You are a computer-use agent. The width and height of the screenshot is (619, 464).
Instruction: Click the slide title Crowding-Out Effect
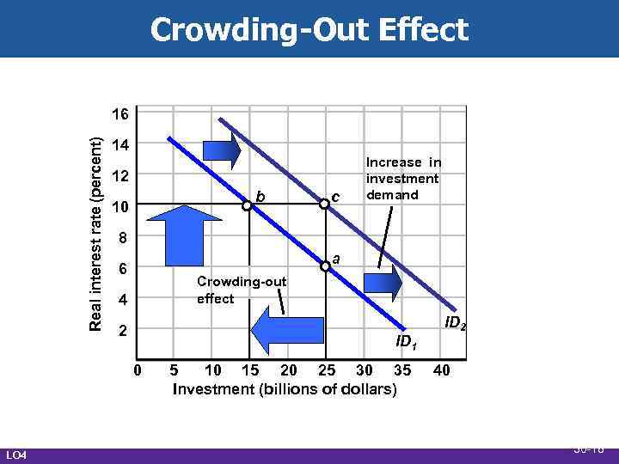(x=309, y=30)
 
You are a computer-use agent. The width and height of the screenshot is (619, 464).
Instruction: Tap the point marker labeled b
(x=247, y=205)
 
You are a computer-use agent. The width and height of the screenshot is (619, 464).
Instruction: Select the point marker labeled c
(x=325, y=204)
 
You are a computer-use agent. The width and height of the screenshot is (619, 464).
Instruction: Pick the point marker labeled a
(x=325, y=267)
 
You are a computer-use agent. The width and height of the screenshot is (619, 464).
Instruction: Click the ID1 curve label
(x=406, y=342)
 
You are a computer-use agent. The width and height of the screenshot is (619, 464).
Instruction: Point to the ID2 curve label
(x=455, y=325)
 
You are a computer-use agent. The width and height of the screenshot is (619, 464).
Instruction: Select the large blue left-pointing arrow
(x=289, y=331)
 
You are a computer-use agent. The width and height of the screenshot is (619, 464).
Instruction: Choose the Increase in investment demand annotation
(x=402, y=178)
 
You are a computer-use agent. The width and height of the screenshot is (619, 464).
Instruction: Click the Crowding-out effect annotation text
(x=227, y=290)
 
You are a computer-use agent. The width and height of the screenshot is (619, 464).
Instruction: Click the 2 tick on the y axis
(x=122, y=331)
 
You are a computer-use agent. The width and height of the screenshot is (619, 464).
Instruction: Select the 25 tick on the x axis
(x=326, y=370)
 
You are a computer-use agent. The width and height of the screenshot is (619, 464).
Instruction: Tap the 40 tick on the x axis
(x=442, y=370)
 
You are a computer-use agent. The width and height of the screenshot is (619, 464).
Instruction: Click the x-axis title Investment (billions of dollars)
(x=285, y=389)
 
